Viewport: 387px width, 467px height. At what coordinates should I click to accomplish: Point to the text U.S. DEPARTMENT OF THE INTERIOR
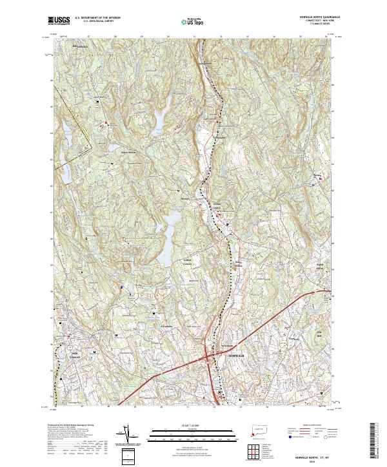[98, 18]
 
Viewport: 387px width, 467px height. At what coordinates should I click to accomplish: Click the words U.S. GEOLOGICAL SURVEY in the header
[93, 21]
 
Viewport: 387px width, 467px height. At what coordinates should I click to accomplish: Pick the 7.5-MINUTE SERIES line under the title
[320, 25]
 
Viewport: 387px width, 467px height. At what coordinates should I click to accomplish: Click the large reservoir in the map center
[170, 231]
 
